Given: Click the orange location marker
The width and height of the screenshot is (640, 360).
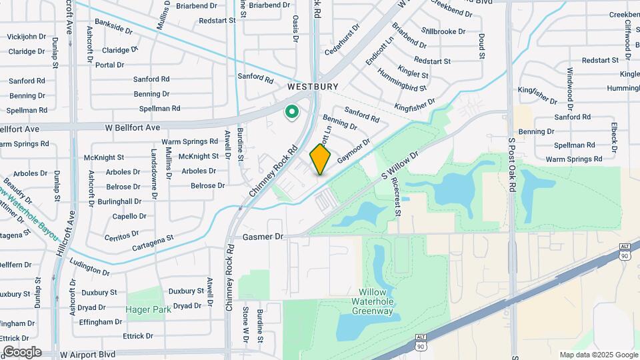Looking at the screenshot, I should (x=321, y=159).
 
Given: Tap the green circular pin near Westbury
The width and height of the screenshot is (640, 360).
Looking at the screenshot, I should (x=291, y=112).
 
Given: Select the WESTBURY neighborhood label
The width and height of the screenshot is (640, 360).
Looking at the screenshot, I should (x=313, y=87).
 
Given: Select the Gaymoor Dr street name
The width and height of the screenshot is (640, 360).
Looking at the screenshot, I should (x=353, y=151).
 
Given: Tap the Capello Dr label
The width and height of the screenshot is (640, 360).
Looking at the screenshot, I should (x=129, y=216).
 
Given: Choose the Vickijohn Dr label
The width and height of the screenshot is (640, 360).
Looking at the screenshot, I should (x=27, y=36).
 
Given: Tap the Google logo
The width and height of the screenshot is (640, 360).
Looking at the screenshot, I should (x=22, y=352).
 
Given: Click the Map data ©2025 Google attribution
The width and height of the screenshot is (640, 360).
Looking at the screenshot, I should (x=598, y=355).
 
